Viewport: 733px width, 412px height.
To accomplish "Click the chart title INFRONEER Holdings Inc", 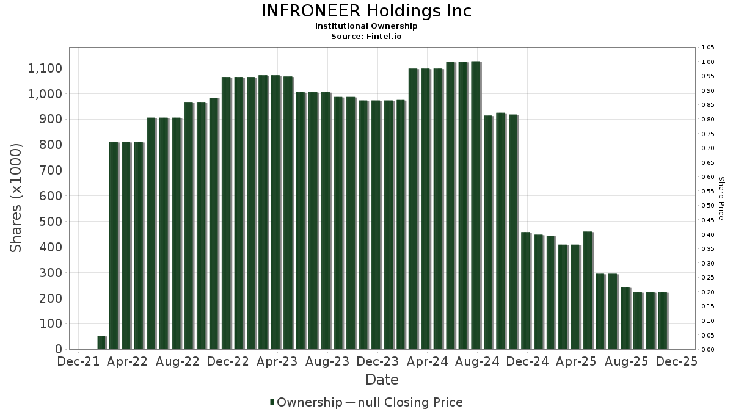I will click(366, 11).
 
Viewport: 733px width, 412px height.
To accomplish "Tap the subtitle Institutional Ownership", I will click(366, 26).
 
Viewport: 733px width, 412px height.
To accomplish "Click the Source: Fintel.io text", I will click(366, 37).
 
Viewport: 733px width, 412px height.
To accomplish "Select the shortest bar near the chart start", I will click(101, 343).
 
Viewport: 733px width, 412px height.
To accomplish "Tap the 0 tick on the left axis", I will click(59, 349).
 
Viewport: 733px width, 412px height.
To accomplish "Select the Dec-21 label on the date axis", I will click(78, 362).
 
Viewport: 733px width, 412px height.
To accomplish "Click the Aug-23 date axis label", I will click(327, 362).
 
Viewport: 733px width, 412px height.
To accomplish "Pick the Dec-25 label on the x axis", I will click(677, 362).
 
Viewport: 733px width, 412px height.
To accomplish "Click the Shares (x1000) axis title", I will click(16, 198).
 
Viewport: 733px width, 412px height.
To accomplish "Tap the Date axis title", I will click(382, 380).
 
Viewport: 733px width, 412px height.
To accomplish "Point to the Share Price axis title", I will click(721, 198).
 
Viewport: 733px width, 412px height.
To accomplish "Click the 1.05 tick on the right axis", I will click(708, 48).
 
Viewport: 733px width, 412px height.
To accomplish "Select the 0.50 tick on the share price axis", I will click(708, 206).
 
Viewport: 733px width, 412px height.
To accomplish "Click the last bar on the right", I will click(663, 321).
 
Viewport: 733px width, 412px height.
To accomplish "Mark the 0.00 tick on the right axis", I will click(708, 350).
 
